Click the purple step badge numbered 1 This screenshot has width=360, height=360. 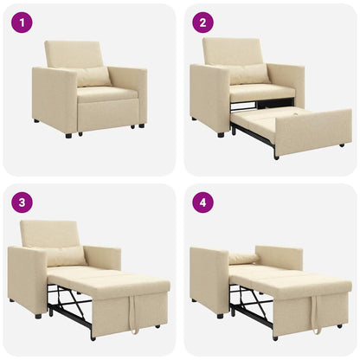pos(22,23)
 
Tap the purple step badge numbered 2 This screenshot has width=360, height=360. pos(203,23)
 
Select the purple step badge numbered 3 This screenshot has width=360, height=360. pos(22,203)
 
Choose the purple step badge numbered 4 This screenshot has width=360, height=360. pos(203,203)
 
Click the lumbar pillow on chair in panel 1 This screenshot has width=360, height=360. pos(93,77)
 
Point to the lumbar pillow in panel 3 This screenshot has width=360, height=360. pos(66,256)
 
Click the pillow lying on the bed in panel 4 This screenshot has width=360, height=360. pos(244,259)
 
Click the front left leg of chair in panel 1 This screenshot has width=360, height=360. pos(68,135)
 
